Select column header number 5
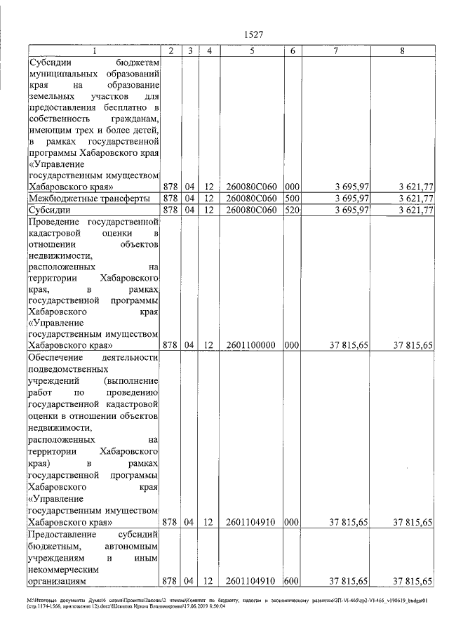pos(250,51)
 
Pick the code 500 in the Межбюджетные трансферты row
pos(293,199)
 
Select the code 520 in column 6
pos(293,210)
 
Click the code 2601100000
pos(250,345)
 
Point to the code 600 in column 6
pos(293,581)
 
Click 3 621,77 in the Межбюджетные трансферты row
pos(413,199)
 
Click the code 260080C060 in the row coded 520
pos(250,210)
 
